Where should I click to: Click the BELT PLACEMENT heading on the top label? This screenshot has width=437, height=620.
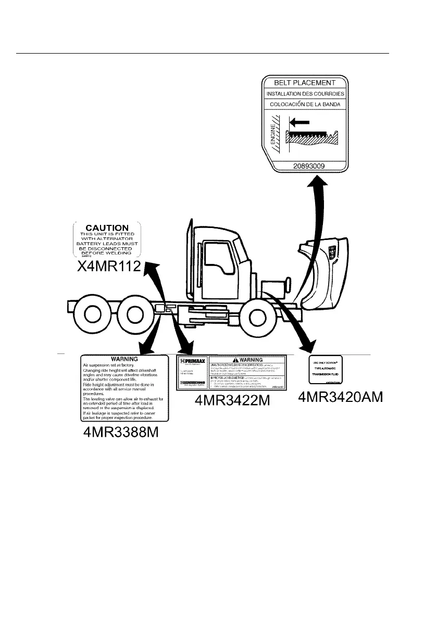pyautogui.click(x=305, y=82)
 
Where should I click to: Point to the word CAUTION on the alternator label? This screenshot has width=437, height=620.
pyautogui.click(x=107, y=227)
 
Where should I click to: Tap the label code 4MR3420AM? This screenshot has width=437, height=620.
pyautogui.click(x=341, y=397)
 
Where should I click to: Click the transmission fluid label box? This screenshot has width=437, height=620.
pyautogui.click(x=326, y=371)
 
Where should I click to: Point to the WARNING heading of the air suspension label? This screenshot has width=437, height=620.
pyautogui.click(x=124, y=359)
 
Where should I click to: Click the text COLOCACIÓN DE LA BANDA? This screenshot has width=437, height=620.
pyautogui.click(x=305, y=104)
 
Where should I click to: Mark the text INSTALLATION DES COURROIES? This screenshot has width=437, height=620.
pyautogui.click(x=305, y=94)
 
